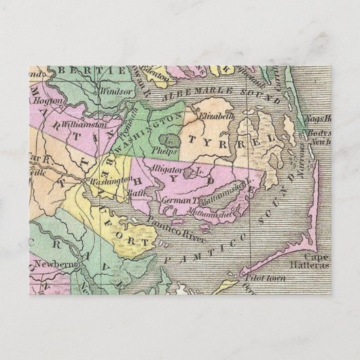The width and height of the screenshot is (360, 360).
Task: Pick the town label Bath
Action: tap(141, 193)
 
